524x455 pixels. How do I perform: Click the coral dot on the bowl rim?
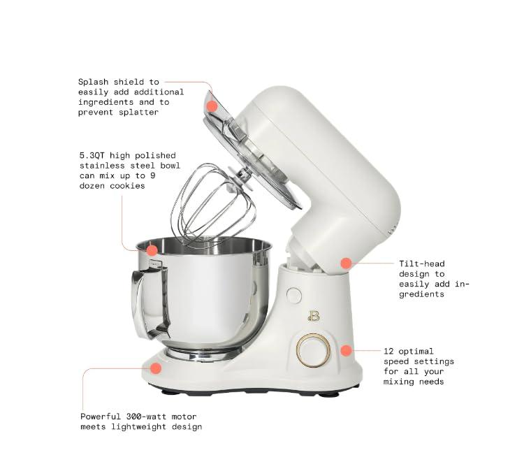coord(152,249)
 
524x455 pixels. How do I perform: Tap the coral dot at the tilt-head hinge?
coord(345,263)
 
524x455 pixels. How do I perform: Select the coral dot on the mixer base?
coord(156,368)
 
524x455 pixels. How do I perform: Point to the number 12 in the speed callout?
coord(389,351)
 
